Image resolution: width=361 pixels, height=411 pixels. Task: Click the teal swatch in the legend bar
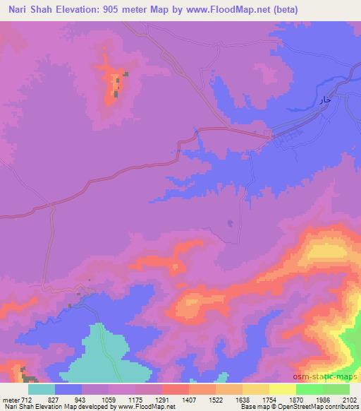(42, 389)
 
